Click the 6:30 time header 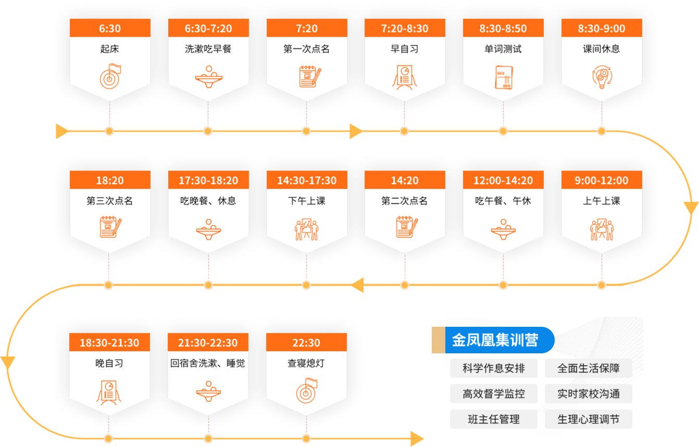coord(109,29)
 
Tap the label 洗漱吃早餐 coord(208,49)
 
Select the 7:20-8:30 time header coord(405,29)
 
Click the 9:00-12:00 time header coord(602,181)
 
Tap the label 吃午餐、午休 coord(503,201)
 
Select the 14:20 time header coord(405,181)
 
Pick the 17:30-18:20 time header coord(208,181)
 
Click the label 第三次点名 coord(109,201)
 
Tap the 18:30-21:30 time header coord(109,343)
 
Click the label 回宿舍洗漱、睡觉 coord(208,363)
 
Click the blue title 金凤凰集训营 coord(494,340)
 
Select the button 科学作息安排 coord(494,368)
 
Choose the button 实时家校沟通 coord(589,394)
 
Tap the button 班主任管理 coord(494,419)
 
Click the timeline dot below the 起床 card coord(109,131)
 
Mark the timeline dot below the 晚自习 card coord(108,438)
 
